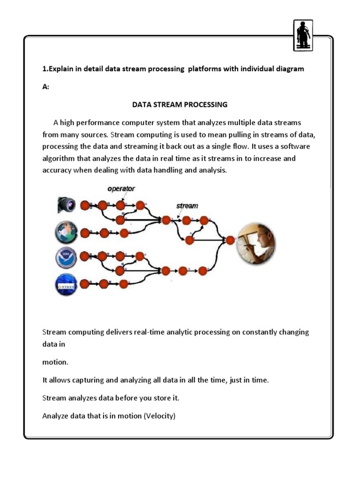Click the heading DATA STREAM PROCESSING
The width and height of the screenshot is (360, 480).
[x=180, y=104]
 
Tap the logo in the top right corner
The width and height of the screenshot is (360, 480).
[x=302, y=35]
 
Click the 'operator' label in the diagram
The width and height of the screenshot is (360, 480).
[x=121, y=188]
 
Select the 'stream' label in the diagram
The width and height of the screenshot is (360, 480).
[x=187, y=205]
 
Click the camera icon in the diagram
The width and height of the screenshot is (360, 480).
[x=66, y=204]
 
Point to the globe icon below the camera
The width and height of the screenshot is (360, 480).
[x=66, y=232]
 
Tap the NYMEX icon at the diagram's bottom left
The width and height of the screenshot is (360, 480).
[x=66, y=284]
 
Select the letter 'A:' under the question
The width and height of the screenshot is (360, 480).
[x=46, y=86]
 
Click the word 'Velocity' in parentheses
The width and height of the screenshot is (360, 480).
[x=159, y=415]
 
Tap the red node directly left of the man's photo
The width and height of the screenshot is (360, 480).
[x=230, y=240]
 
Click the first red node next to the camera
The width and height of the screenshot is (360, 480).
[x=85, y=205]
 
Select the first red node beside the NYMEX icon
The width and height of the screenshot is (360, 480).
[x=85, y=284]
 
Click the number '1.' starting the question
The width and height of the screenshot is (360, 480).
[x=45, y=69]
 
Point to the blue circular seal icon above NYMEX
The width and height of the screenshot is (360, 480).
[x=66, y=257]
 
